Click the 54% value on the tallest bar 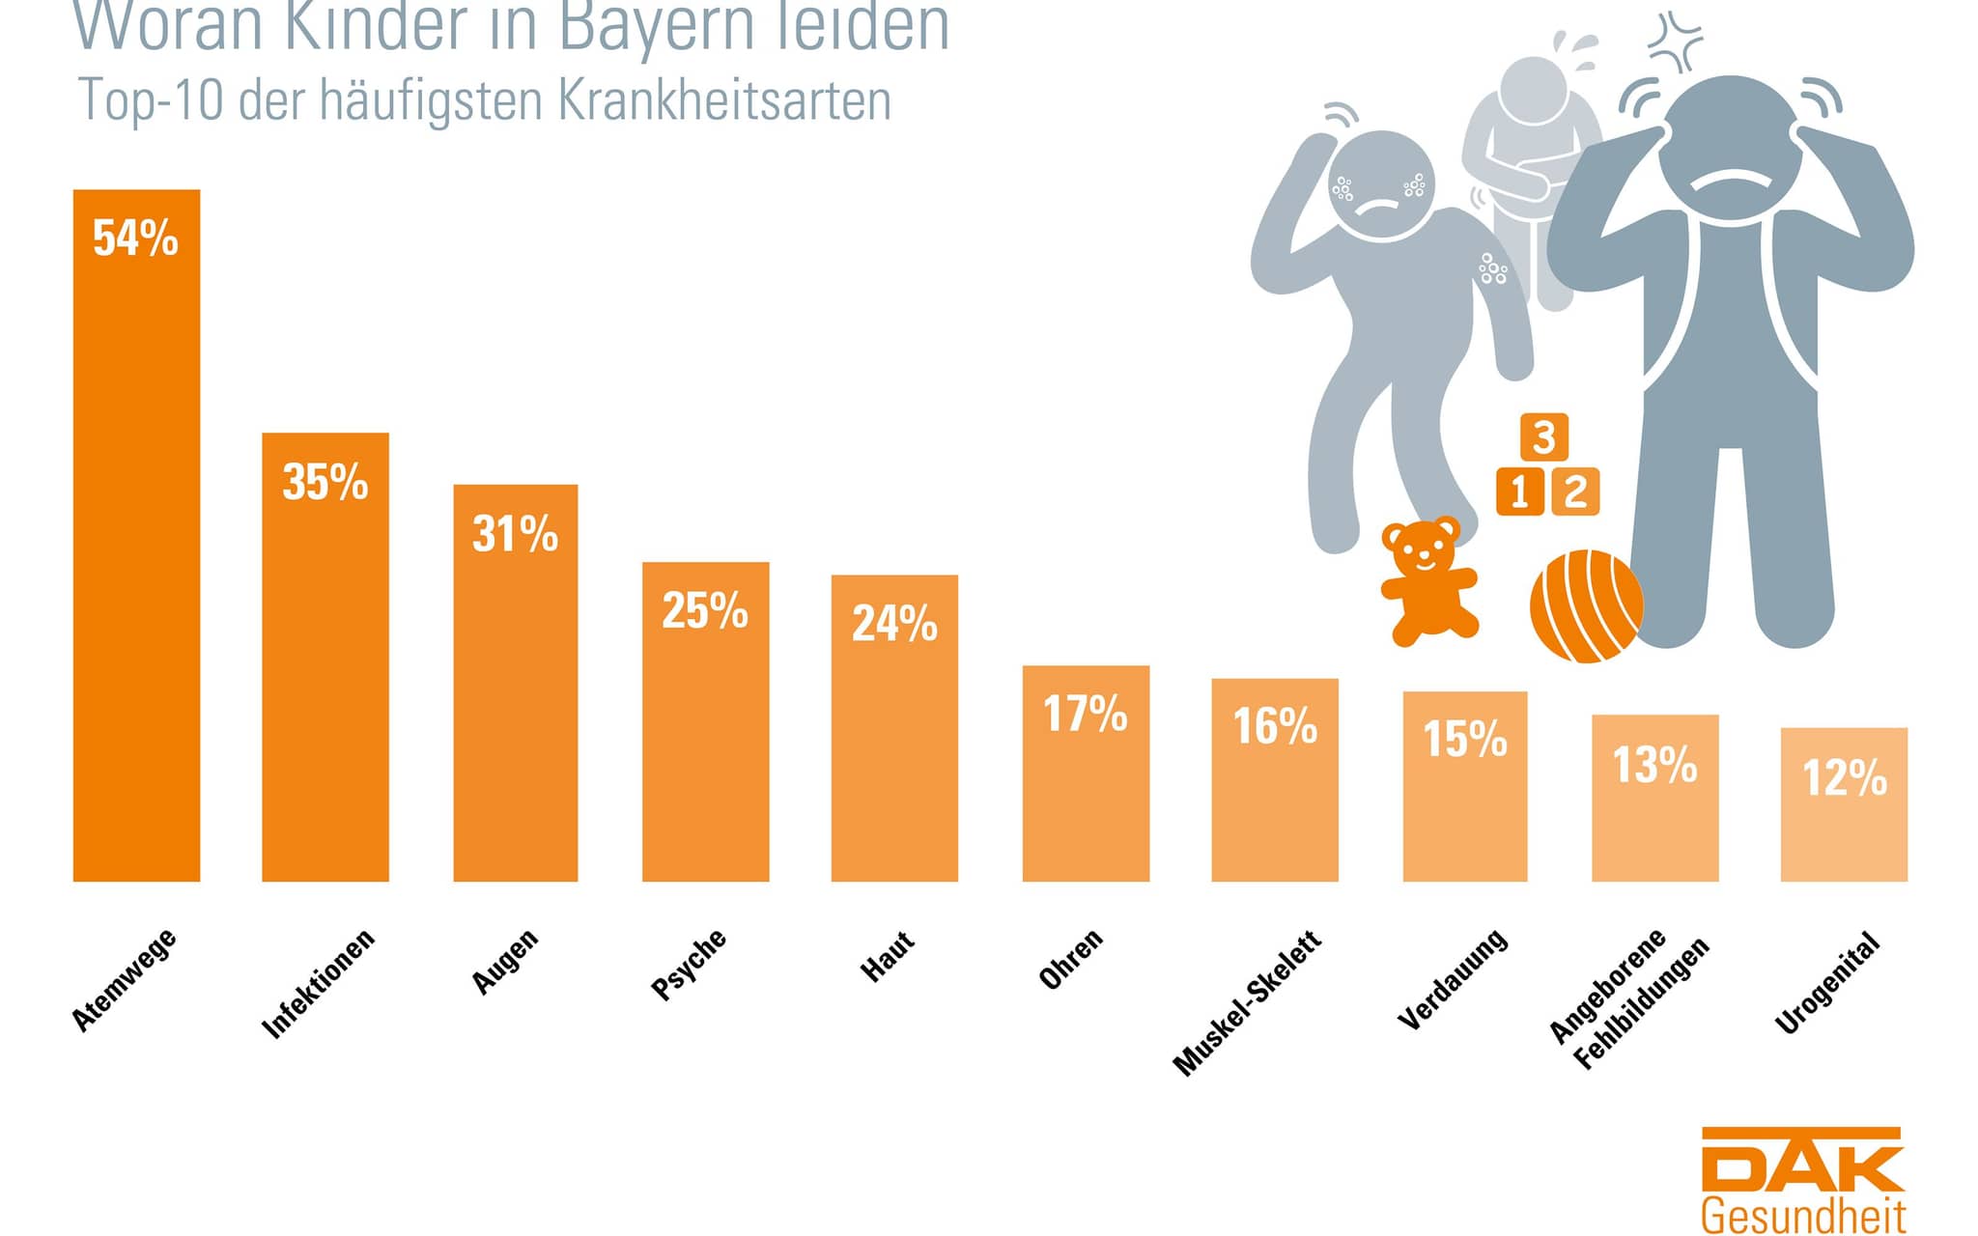pyautogui.click(x=135, y=239)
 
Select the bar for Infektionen pyautogui.click(x=325, y=676)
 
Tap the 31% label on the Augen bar pyautogui.click(x=515, y=534)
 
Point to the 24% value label pyautogui.click(x=894, y=624)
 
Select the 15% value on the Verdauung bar pyautogui.click(x=1465, y=740)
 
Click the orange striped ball pyautogui.click(x=1585, y=606)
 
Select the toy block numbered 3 pyautogui.click(x=1544, y=436)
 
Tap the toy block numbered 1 pyautogui.click(x=1519, y=492)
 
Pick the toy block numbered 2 pyautogui.click(x=1575, y=492)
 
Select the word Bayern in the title pyautogui.click(x=658, y=27)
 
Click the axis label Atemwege pyautogui.click(x=125, y=979)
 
